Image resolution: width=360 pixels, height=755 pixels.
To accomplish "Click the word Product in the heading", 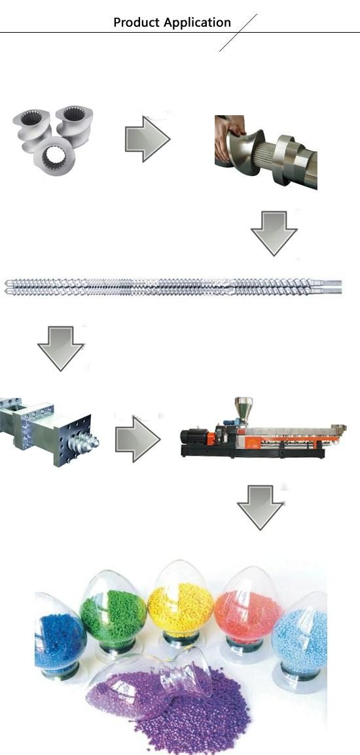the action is click(137, 22).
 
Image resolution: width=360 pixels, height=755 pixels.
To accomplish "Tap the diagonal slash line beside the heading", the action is click(238, 32).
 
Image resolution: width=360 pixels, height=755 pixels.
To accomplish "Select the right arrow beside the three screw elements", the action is click(147, 139).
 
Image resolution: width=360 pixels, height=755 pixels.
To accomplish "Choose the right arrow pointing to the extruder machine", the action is click(138, 439).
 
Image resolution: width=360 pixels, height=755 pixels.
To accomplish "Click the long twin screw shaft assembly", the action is click(173, 287).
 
